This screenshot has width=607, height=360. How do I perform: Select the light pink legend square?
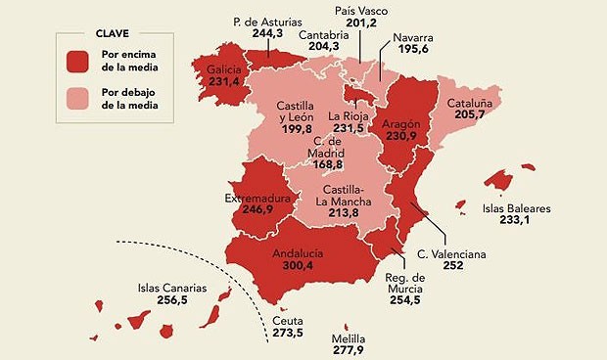pos(78,97)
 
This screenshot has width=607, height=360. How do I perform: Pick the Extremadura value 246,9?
pos(259,209)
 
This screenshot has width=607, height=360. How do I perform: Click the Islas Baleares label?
pos(518,207)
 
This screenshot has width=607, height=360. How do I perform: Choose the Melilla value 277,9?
pos(349,349)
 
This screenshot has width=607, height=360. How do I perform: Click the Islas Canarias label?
pos(172,288)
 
